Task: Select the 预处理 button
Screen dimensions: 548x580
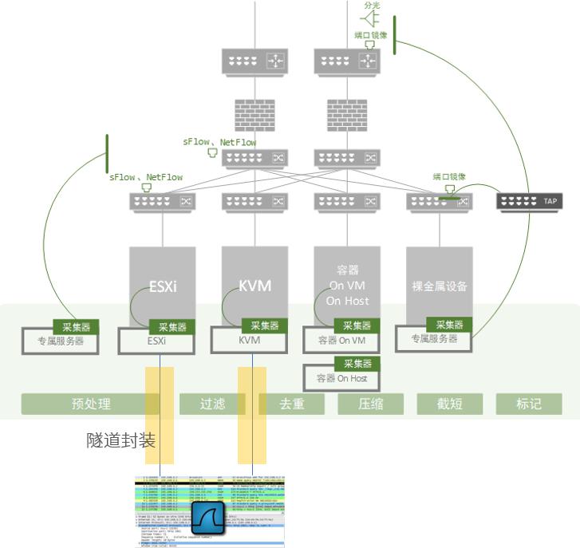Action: click(91, 404)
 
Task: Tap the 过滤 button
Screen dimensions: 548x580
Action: click(212, 404)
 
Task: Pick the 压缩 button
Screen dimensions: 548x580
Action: click(370, 404)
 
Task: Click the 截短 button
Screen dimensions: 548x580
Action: click(449, 404)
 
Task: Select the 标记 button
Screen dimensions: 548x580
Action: click(528, 404)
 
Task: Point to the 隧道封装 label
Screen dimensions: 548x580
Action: click(120, 440)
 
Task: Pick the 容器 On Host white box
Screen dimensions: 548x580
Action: click(341, 378)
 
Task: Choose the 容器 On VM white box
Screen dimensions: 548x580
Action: click(341, 341)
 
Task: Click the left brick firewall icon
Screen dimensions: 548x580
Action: click(254, 115)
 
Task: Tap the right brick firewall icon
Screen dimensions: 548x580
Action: click(347, 115)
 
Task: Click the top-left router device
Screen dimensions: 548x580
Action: click(254, 61)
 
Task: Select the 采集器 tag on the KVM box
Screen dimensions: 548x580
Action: click(266, 325)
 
